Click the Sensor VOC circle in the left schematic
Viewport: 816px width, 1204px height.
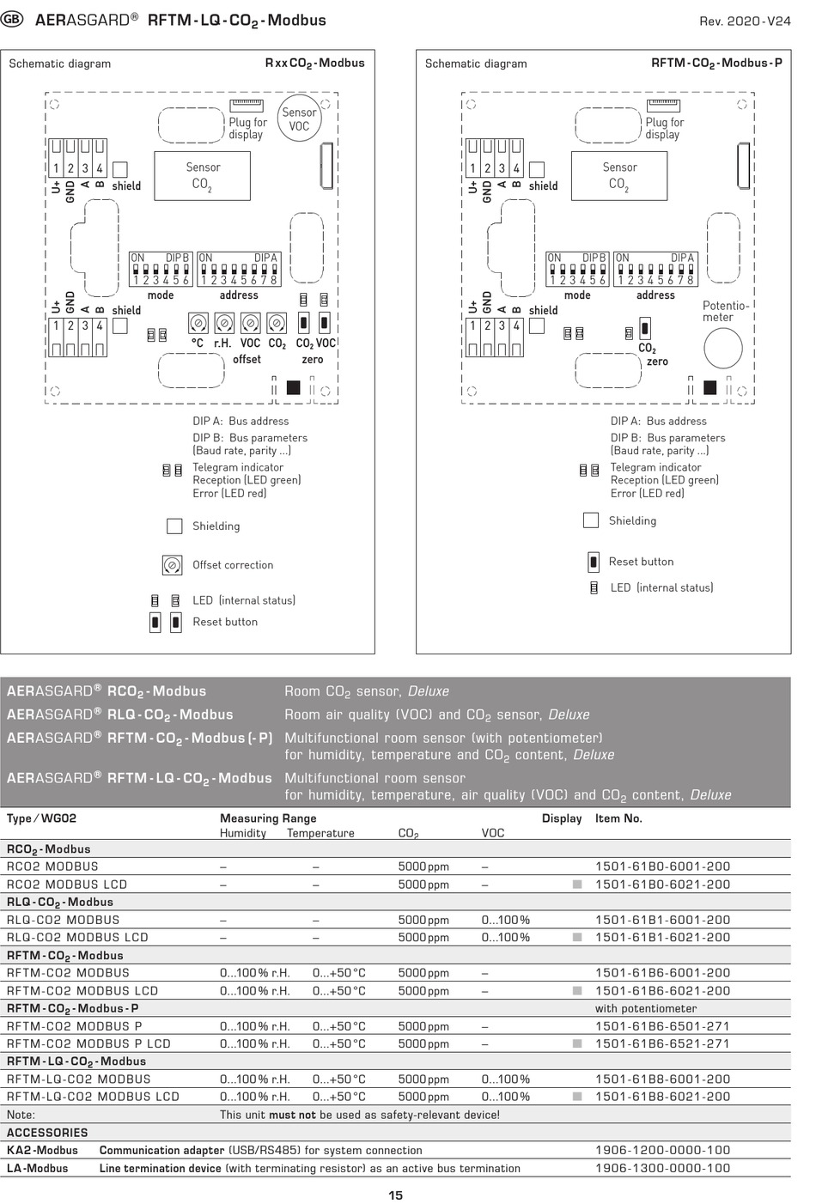coord(299,119)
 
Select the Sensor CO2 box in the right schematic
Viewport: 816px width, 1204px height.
coord(619,176)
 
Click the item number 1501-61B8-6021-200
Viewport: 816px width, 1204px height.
coord(662,1097)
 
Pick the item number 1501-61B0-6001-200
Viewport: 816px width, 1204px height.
coord(662,867)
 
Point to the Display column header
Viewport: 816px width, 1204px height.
coord(562,818)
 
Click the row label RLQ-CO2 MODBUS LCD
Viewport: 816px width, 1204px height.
coord(77,937)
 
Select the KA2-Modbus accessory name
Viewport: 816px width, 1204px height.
coord(42,1150)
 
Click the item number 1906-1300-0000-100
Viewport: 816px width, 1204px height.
coord(662,1168)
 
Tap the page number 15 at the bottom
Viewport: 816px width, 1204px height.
coord(395,1195)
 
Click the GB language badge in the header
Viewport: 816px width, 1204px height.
coord(13,20)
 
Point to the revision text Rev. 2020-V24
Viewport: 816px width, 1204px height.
coord(744,21)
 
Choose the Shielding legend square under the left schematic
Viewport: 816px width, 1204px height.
coord(174,526)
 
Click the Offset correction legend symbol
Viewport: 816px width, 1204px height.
coord(172,565)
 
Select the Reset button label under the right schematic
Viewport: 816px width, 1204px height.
coord(641,562)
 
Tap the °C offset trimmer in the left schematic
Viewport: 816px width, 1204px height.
coord(198,323)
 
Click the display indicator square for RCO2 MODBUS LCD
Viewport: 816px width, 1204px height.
coord(577,885)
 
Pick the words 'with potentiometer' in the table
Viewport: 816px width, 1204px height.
coord(645,1008)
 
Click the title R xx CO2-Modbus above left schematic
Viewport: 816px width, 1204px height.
coord(314,64)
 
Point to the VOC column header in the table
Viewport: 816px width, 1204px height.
coord(492,833)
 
